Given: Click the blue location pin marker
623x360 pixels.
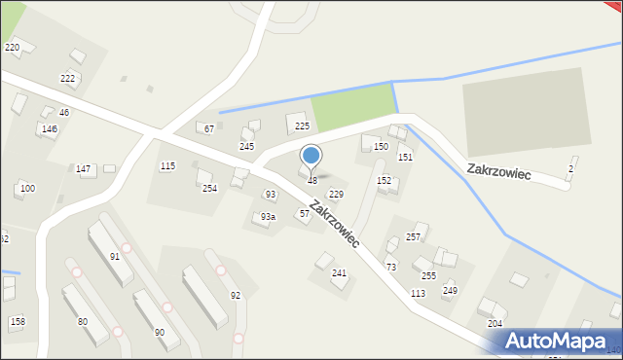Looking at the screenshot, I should [x=311, y=156].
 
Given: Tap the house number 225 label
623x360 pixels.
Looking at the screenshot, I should [x=302, y=126].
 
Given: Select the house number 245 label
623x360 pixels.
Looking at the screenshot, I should [x=247, y=147].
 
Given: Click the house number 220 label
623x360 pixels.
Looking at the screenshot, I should [x=12, y=48].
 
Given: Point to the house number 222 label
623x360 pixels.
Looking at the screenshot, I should [x=67, y=79].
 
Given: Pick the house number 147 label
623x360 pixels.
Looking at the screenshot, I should [x=84, y=169].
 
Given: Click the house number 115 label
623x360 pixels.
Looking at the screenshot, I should [x=167, y=166].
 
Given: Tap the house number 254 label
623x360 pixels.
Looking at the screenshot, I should [x=209, y=189].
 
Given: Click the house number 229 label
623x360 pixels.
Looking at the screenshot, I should [x=336, y=195].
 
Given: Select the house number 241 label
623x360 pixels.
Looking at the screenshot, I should [x=339, y=273].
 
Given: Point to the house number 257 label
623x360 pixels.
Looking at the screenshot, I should [x=413, y=237].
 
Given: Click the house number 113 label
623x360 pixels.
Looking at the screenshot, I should [x=418, y=293].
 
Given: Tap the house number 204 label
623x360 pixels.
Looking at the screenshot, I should [x=495, y=323].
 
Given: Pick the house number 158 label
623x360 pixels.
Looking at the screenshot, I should [x=17, y=321].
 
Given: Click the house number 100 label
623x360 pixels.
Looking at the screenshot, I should [x=27, y=189].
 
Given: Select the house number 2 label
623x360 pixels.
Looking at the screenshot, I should [x=570, y=170].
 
